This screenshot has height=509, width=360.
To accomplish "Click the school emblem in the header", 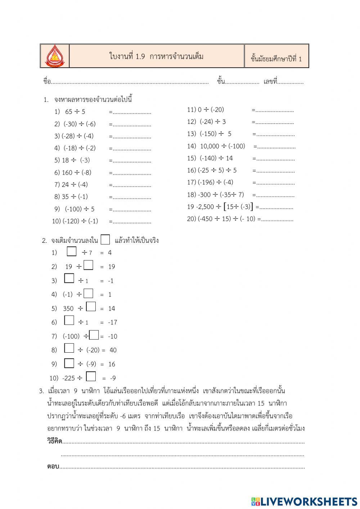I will pos(54,56).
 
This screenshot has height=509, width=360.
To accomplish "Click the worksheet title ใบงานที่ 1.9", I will pos(156,57).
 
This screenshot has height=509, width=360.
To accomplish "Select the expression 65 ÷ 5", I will pos(75,112).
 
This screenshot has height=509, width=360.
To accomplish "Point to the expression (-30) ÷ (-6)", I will pos(80,124).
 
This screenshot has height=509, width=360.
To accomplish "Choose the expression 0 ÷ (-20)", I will pos(211,110).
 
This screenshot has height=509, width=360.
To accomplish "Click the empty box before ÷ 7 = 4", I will pos(72,251).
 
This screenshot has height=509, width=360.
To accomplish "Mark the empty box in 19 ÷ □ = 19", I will pos(88,265).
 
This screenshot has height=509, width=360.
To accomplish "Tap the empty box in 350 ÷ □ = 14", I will pos(91,307).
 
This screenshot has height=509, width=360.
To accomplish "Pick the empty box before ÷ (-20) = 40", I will pos(69,348).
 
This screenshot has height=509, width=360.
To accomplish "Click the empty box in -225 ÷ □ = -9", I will pos(91,376).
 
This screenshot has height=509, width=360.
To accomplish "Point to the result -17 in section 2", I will pos(112,322).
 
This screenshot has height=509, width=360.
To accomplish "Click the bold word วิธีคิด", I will pos(54,441).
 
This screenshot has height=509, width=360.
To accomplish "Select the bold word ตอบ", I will pos(53,466).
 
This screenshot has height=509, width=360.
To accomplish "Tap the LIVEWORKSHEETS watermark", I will pos(304,501).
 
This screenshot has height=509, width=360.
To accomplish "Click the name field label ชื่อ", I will pos(47,82).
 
